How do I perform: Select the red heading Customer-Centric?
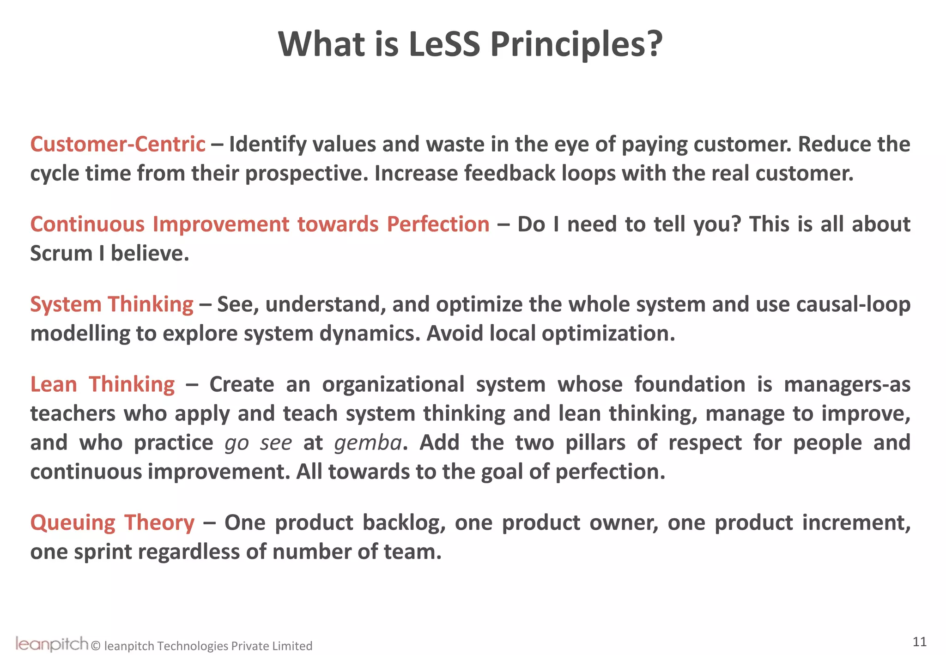(x=118, y=144)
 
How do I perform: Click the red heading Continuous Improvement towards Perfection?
(x=260, y=224)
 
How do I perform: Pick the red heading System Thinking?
(x=112, y=304)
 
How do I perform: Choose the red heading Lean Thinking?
(x=103, y=384)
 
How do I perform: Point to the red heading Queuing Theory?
(x=112, y=523)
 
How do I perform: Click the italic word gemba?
(x=368, y=443)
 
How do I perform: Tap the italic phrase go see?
(x=258, y=443)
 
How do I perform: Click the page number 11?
(x=919, y=642)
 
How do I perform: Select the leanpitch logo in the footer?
(x=52, y=643)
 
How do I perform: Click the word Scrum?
(x=61, y=254)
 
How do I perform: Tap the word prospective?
(x=306, y=174)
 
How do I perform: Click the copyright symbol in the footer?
(x=96, y=646)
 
